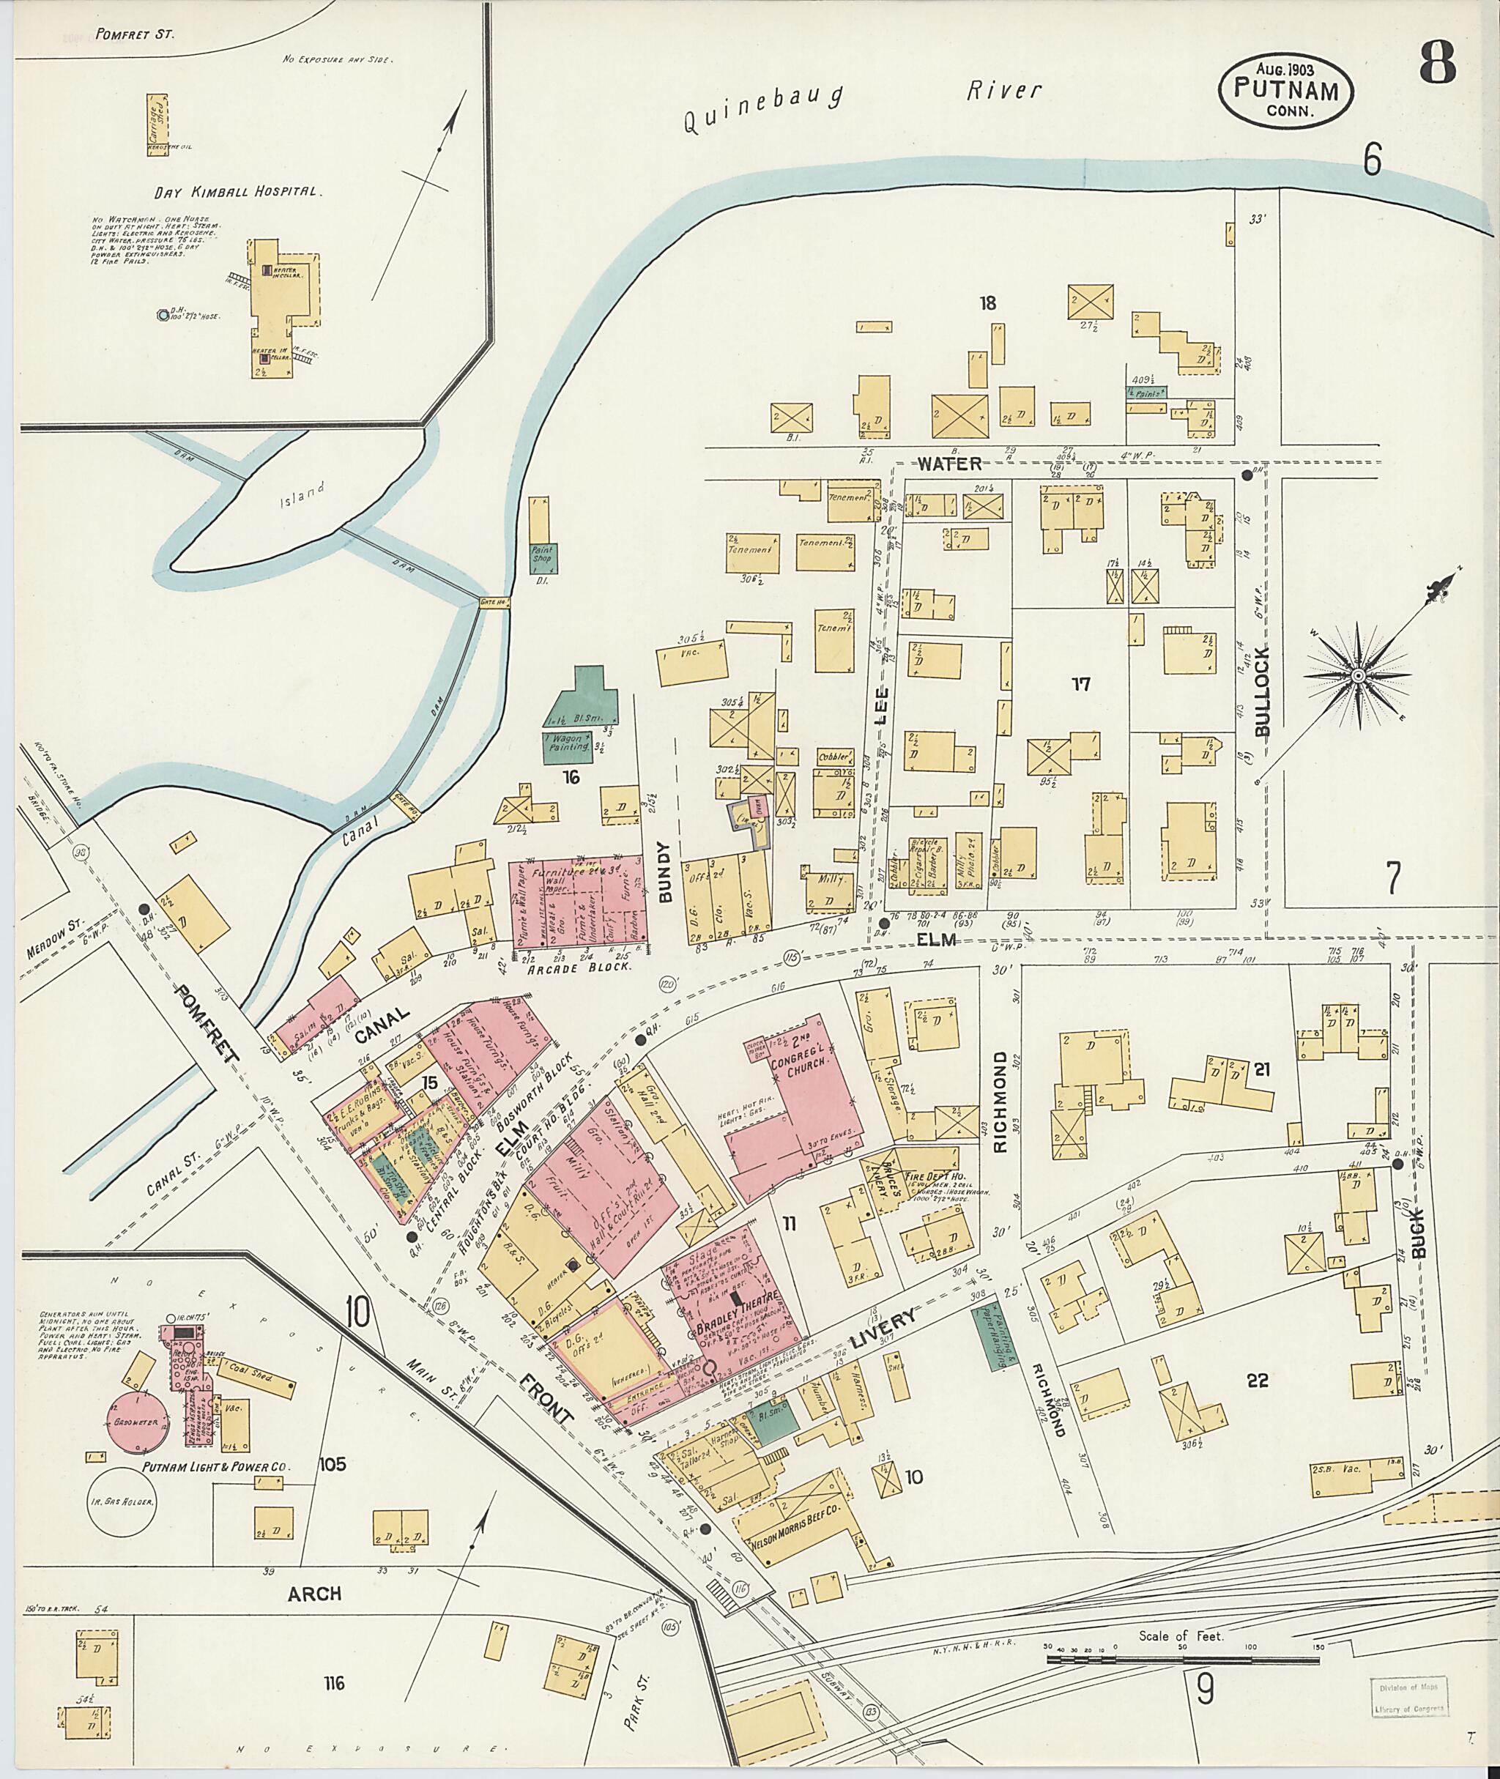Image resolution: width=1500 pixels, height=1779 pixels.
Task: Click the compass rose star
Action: [1358, 675]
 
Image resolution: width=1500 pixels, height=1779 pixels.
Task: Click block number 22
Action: [1257, 1381]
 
